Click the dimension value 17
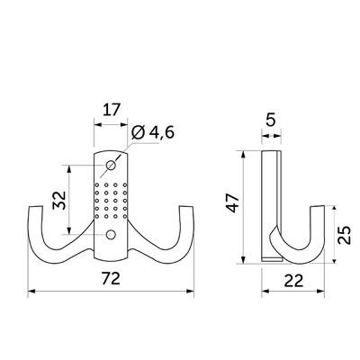click(112, 111)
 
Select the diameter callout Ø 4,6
click(153, 132)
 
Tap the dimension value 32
click(59, 200)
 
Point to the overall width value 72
click(111, 279)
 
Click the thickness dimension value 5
click(271, 121)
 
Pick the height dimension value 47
click(233, 203)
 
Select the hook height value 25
click(344, 235)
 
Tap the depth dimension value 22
click(293, 281)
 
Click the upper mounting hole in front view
click(111, 165)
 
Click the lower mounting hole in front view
click(111, 234)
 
